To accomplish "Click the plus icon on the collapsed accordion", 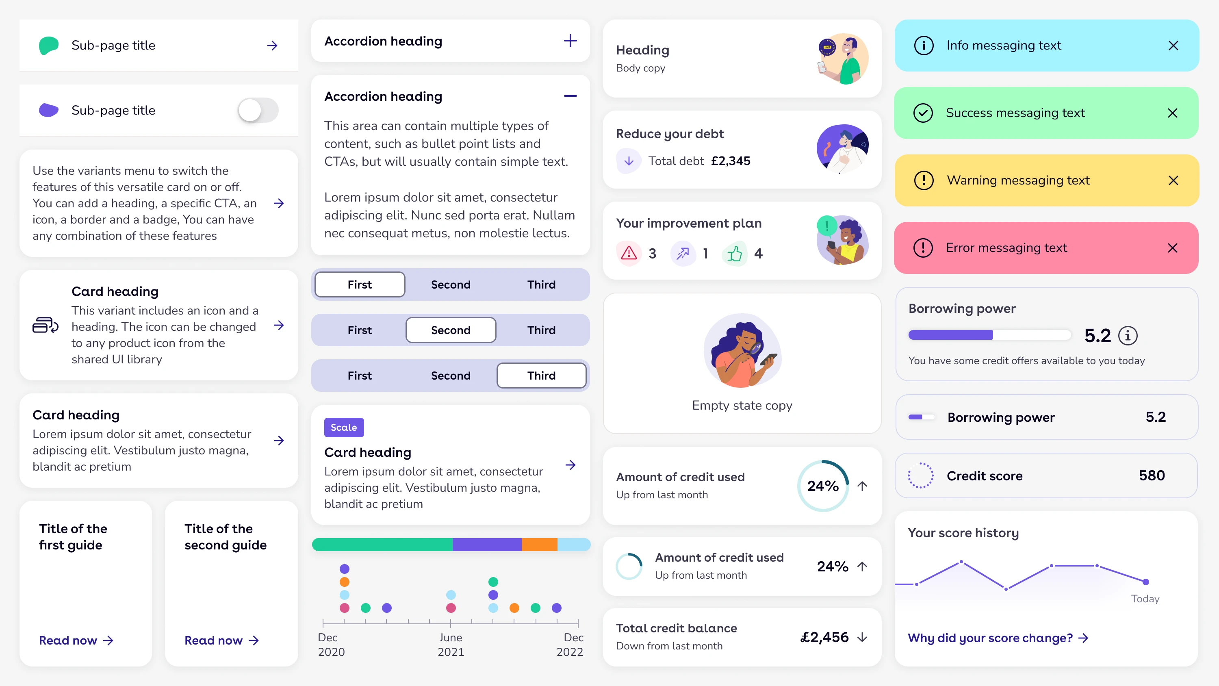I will [570, 41].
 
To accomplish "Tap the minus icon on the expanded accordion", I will [570, 96].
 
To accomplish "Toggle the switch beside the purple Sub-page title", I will [258, 110].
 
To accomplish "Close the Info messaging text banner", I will [1173, 46].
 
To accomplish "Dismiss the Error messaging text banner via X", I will [1172, 248].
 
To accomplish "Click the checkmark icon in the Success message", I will [923, 113].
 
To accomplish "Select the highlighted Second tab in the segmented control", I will [451, 330].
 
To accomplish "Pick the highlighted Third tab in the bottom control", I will [541, 376].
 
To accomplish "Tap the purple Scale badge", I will [343, 427].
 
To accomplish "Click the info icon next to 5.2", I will [1128, 336].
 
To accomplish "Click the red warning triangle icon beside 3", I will [629, 253].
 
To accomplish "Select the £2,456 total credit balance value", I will [824, 637].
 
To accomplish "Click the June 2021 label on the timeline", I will [451, 644].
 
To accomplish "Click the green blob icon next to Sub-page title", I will [49, 46].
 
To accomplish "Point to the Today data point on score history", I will [1145, 582].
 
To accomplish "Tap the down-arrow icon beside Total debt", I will [629, 161].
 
